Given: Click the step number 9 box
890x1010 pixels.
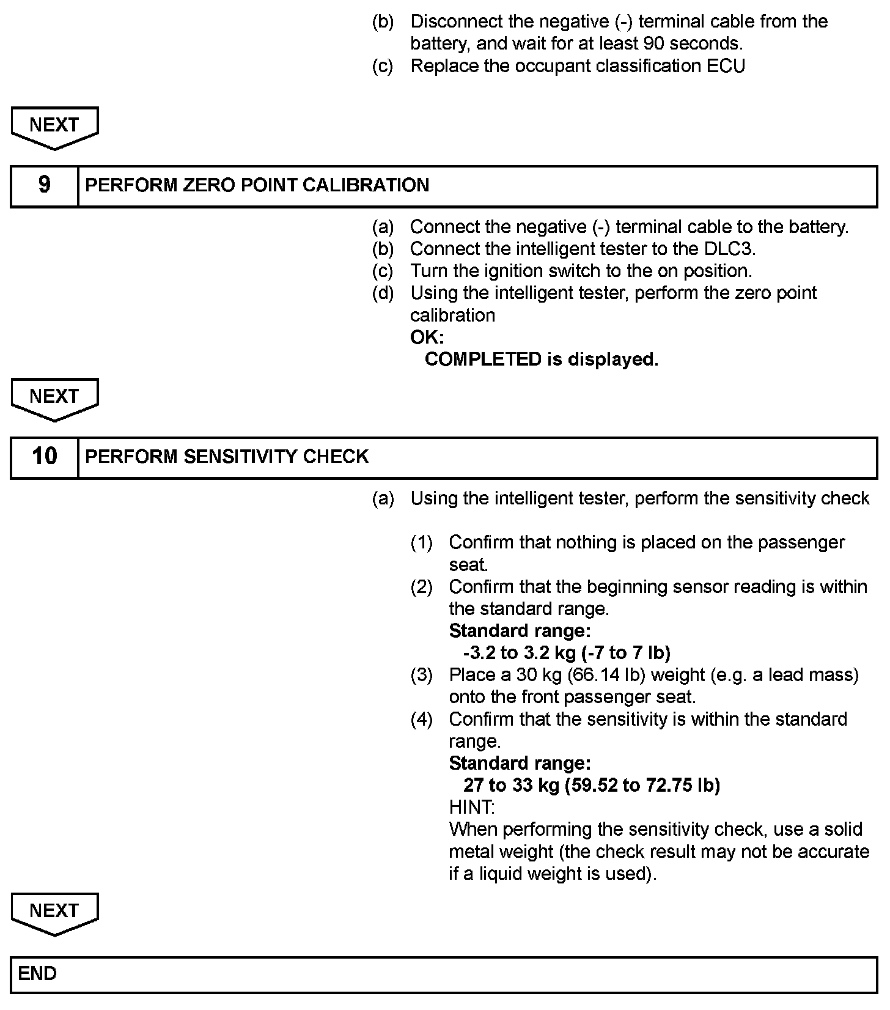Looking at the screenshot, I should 45,185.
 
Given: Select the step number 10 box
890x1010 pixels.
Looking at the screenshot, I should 45,456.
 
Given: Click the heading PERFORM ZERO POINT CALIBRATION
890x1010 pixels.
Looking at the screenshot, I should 257,185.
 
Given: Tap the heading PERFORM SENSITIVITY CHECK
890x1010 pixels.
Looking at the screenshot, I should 227,456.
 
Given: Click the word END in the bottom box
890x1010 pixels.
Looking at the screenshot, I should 37,973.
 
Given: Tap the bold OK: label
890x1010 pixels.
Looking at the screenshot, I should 427,337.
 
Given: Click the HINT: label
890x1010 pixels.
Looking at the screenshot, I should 472,807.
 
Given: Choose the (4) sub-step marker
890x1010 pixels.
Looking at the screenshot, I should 421,720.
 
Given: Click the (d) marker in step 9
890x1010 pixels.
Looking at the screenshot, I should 383,293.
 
